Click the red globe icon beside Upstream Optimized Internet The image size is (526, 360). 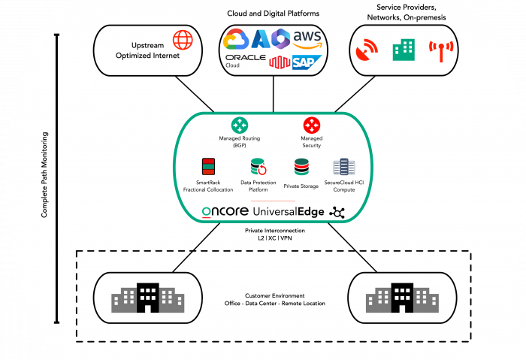pos(183,40)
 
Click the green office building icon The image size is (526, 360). pos(403,50)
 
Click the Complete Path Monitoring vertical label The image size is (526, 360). pos(44,177)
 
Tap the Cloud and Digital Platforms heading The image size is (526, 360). pos(274,14)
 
